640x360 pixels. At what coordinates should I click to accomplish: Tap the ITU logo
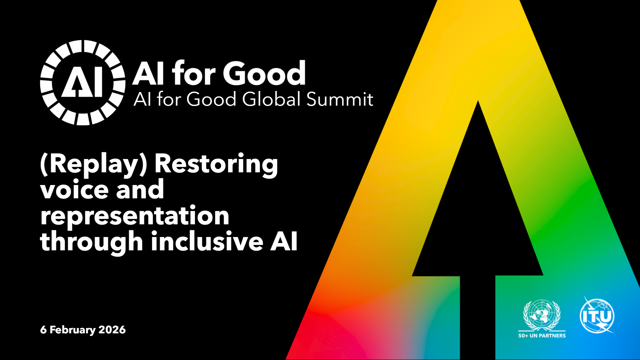coord(597,315)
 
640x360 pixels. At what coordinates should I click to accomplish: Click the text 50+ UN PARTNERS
coord(542,336)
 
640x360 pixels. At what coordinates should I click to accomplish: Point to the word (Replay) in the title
coord(94,164)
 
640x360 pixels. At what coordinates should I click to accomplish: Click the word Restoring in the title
coord(216,164)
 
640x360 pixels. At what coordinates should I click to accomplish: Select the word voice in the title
coord(74,189)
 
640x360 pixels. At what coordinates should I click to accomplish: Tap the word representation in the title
coord(135,216)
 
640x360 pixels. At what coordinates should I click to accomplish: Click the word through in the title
coord(92,241)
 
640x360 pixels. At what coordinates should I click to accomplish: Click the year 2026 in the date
coord(112,330)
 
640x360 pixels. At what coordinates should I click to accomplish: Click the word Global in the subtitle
coord(272,99)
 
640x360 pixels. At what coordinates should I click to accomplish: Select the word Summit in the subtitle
coord(340,99)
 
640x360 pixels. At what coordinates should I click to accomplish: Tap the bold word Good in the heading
coord(264,73)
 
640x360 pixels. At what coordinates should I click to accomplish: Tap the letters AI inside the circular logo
coord(82,83)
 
